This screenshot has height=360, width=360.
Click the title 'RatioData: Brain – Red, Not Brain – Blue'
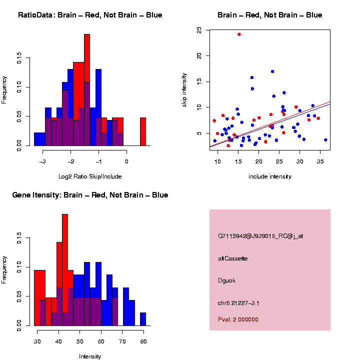tap(90, 15)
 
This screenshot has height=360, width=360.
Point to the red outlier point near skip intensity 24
tap(239, 34)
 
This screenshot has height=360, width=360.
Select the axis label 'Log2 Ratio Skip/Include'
tap(90, 176)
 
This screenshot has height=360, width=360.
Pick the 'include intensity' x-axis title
tap(270, 176)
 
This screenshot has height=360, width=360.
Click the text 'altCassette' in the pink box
tap(232, 258)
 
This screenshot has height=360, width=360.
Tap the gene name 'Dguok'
tap(226, 280)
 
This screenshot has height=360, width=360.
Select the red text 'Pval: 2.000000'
tap(238, 319)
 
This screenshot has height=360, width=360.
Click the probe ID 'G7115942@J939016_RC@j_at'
tap(260, 235)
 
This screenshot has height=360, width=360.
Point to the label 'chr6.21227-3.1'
tap(238, 303)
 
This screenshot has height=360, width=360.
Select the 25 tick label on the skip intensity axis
tap(199, 30)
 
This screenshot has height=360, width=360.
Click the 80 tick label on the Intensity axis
tap(143, 342)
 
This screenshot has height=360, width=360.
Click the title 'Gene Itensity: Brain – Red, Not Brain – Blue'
tap(90, 195)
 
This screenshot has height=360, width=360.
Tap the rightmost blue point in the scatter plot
tap(325, 140)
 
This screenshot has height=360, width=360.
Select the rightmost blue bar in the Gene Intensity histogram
tap(143, 319)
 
